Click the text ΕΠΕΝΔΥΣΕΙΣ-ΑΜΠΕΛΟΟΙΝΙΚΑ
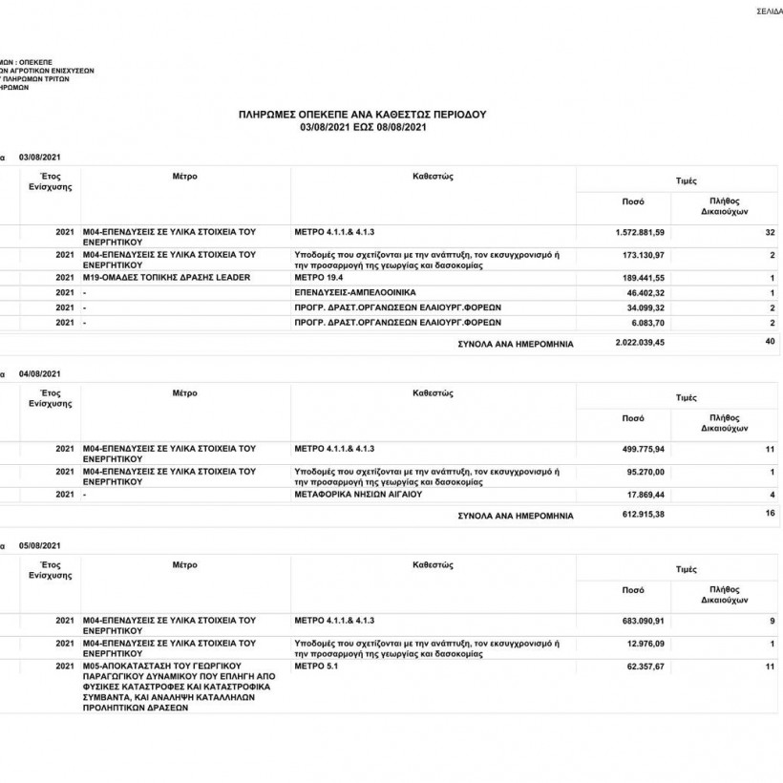[355, 291]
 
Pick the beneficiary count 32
[770, 233]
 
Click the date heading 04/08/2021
[39, 373]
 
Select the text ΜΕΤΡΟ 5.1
[317, 666]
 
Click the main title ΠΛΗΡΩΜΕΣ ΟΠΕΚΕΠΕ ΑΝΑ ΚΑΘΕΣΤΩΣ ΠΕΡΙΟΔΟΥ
[362, 114]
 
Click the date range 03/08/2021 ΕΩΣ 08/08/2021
[362, 126]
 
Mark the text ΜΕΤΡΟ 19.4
[319, 277]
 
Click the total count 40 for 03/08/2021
[770, 341]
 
